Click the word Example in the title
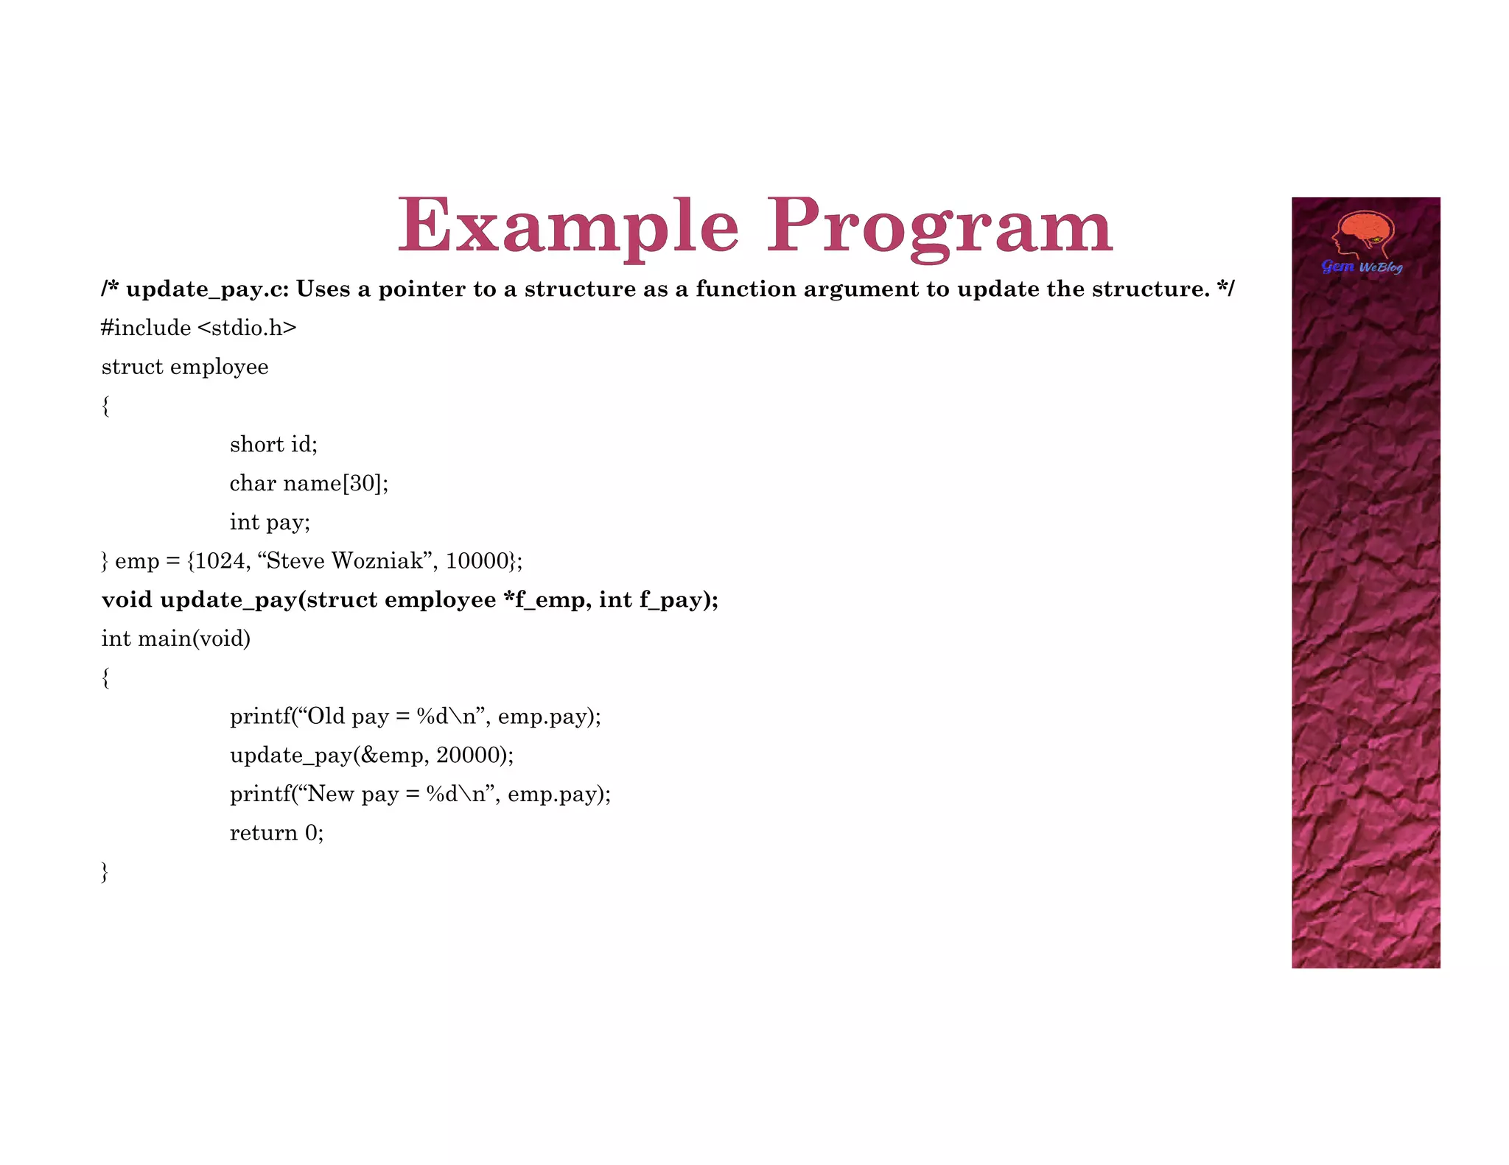pyautogui.click(x=567, y=225)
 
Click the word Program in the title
pyautogui.click(x=939, y=225)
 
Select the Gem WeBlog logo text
pyautogui.click(x=1362, y=267)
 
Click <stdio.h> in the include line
pyautogui.click(x=247, y=328)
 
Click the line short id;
pyautogui.click(x=273, y=444)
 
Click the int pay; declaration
pyautogui.click(x=270, y=522)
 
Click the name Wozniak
pyautogui.click(x=378, y=561)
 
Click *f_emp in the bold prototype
pyautogui.click(x=546, y=600)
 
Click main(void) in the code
pyautogui.click(x=194, y=638)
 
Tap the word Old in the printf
pyautogui.click(x=326, y=717)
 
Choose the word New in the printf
pyautogui.click(x=331, y=794)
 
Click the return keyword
pyautogui.click(x=263, y=833)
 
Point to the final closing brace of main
pyautogui.click(x=105, y=872)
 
